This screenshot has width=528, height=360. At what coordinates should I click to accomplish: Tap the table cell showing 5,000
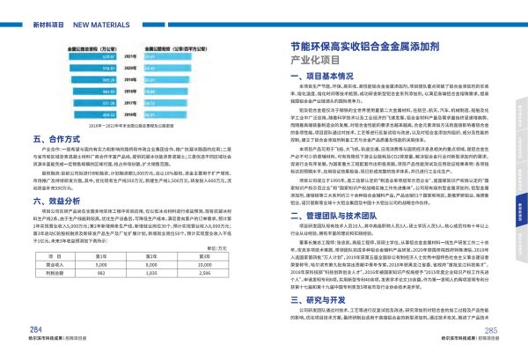click(99, 262)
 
